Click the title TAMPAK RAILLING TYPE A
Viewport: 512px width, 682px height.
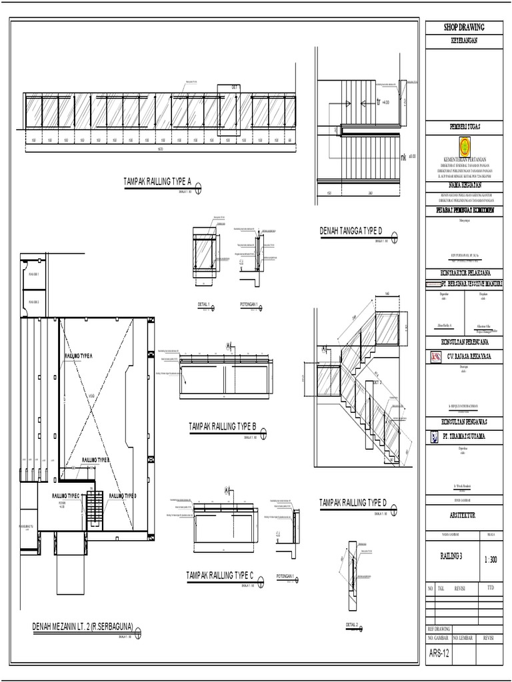157,181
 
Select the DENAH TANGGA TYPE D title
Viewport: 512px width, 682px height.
351,231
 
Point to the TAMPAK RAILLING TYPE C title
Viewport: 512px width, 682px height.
220,574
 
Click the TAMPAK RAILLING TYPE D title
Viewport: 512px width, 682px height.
353,502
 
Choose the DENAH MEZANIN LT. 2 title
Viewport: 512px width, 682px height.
83,626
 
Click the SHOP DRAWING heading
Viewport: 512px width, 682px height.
463,27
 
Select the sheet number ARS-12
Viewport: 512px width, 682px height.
439,653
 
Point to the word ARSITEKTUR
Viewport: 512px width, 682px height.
463,515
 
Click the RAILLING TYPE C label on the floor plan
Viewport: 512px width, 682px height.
66,496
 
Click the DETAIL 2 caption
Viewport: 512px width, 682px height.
352,624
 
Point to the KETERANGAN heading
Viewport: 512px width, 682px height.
463,39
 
